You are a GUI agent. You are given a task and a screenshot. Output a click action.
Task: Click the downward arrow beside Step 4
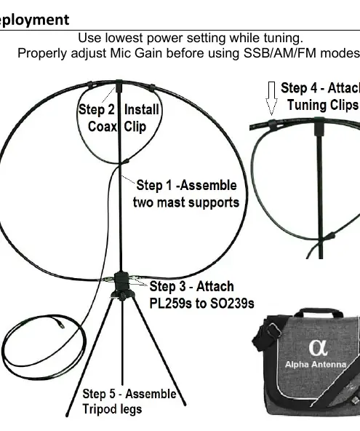(x=271, y=98)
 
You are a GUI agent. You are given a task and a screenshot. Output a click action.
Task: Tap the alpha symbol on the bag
(x=318, y=348)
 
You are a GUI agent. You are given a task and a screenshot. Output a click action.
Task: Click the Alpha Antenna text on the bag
(x=316, y=365)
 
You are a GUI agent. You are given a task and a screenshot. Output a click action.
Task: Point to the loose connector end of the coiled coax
(x=61, y=325)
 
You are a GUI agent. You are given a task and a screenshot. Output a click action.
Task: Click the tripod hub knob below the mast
(x=122, y=296)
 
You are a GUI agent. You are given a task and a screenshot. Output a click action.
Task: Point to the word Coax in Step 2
(x=102, y=127)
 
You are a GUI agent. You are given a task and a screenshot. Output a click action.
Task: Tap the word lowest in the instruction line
(x=124, y=38)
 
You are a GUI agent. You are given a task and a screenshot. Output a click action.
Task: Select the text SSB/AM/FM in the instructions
(x=280, y=53)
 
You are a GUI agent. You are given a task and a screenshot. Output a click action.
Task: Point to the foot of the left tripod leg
(x=68, y=414)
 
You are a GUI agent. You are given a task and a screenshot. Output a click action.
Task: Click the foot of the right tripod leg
(x=185, y=403)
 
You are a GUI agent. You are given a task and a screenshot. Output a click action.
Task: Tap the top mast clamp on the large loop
(x=119, y=85)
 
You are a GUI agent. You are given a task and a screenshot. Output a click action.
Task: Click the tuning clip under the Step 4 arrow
(x=272, y=125)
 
